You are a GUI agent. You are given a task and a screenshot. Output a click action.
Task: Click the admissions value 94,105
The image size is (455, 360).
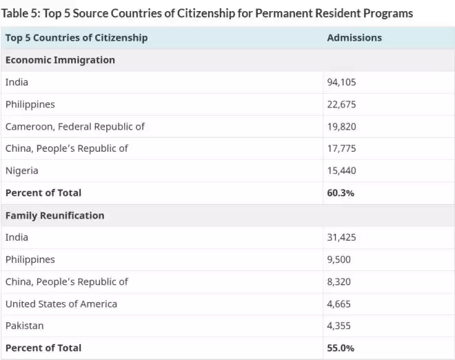[341, 82]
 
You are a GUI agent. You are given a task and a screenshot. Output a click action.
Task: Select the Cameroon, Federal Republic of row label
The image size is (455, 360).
[75, 127]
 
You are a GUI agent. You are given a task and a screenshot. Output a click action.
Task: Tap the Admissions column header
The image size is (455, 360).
[354, 38]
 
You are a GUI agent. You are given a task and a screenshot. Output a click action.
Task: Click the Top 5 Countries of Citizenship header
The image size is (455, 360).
[77, 38]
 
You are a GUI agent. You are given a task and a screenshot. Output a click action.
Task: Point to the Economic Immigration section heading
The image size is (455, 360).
[61, 60]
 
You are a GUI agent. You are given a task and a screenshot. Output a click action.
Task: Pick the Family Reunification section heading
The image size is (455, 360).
[55, 215]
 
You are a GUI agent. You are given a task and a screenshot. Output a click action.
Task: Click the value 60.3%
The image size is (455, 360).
[341, 193]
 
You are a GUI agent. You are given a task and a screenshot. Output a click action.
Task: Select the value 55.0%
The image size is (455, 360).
[341, 348]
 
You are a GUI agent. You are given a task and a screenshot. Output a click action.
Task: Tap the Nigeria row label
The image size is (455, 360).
[22, 171]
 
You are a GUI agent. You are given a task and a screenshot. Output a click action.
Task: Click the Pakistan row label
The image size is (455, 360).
[25, 326]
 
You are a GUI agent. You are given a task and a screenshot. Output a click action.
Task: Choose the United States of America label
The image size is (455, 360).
[61, 304]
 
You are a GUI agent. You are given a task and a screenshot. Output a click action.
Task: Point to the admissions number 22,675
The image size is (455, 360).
[341, 105]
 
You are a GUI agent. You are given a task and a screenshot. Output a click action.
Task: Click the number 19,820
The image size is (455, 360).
[341, 127]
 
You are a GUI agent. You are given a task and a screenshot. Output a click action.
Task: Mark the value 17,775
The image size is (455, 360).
[341, 149]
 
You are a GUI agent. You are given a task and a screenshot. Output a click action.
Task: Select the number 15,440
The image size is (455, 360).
[341, 171]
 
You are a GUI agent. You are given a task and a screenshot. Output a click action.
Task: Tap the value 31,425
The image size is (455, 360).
[341, 237]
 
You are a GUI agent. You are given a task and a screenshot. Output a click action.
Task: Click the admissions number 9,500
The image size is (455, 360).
[339, 259]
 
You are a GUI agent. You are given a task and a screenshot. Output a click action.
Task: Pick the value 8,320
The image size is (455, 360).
[339, 282]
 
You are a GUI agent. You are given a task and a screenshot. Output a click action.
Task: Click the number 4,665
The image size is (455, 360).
[339, 304]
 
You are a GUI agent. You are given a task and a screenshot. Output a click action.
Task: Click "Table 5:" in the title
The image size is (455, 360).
[21, 13]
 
